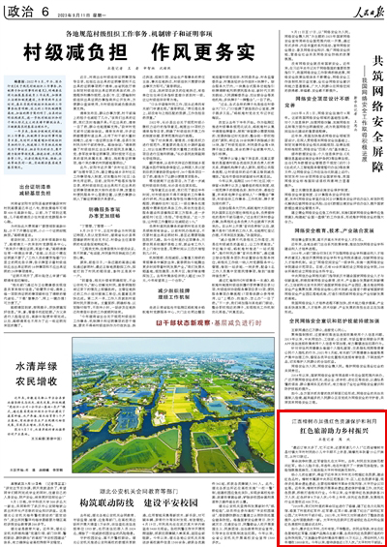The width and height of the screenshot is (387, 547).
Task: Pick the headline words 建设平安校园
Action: tap(175, 502)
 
